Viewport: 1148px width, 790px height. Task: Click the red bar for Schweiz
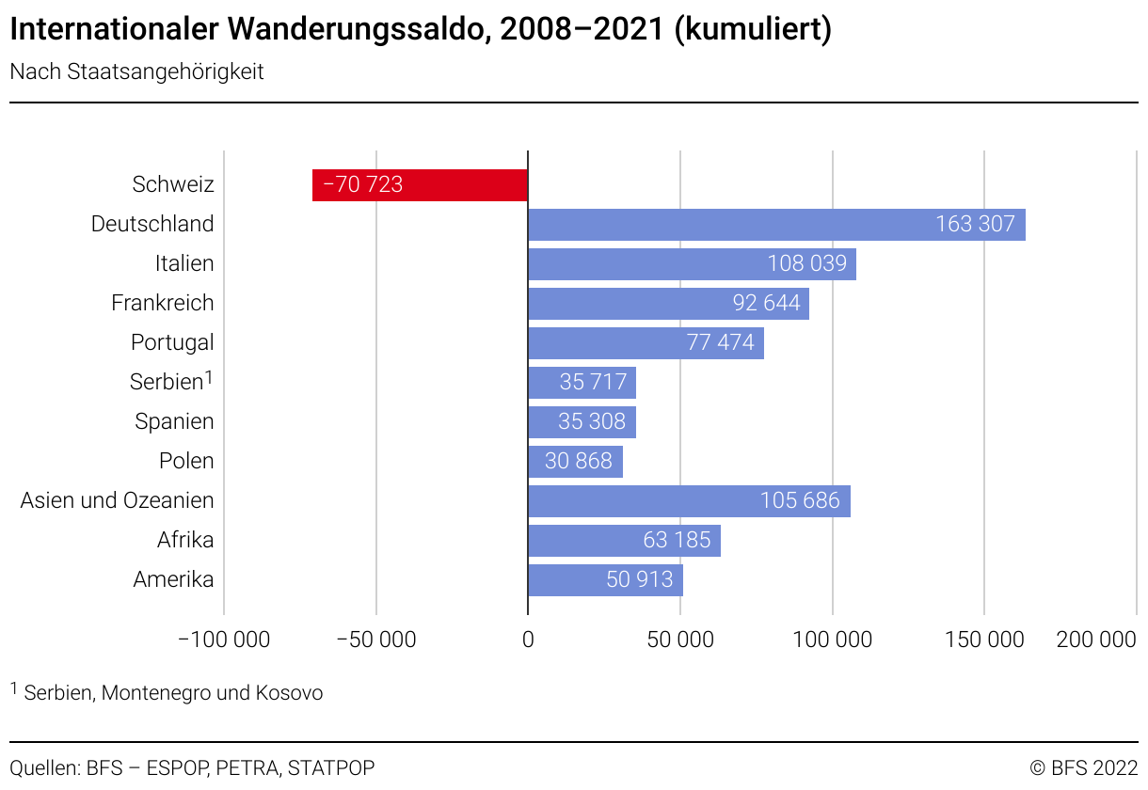point(420,185)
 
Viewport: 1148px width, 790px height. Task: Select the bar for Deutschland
point(776,225)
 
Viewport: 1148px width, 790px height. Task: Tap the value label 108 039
point(807,264)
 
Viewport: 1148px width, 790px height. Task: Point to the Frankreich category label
point(163,303)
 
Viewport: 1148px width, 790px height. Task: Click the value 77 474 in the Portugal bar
point(721,343)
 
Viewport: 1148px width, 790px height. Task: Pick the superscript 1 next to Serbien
point(210,376)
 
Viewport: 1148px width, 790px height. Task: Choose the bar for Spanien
point(582,422)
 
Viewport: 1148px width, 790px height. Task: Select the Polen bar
point(575,462)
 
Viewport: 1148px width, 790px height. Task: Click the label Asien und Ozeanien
point(118,500)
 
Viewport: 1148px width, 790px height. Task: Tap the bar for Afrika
point(624,541)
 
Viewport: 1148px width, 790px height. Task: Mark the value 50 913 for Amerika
point(640,580)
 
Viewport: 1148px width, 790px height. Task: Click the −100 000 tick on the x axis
point(224,640)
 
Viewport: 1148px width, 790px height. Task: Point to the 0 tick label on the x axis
point(528,640)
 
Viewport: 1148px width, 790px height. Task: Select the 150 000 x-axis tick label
point(985,640)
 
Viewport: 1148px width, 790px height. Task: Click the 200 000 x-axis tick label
point(1096,640)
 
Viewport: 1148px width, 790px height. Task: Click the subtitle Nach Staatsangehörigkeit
point(137,72)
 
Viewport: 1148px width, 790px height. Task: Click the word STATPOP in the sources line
point(331,768)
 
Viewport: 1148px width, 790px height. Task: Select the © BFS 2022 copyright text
point(1084,768)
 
